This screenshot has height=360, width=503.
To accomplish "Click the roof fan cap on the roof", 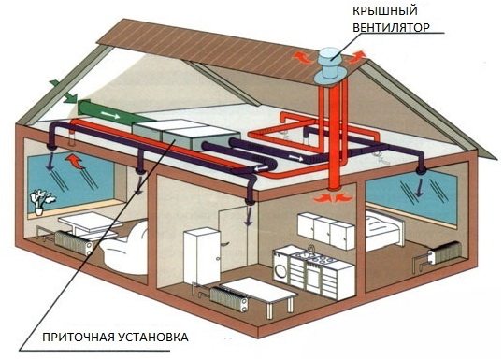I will click(327, 54).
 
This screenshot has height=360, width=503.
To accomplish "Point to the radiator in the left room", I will click(71, 241).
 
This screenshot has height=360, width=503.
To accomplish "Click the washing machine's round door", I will click(280, 268).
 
